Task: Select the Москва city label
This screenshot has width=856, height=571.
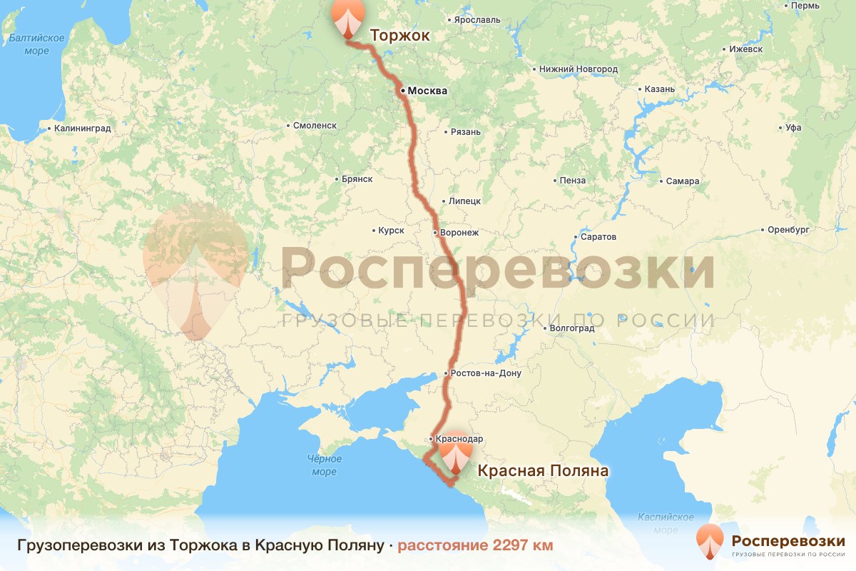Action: [427, 91]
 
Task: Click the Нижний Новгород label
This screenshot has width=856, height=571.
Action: [579, 69]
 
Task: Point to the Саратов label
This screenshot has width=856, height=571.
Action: [598, 237]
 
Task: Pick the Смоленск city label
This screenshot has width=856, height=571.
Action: [315, 125]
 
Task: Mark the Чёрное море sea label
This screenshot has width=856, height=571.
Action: [325, 465]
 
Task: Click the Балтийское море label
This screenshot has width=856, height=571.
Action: [37, 44]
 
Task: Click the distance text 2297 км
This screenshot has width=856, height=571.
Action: [475, 545]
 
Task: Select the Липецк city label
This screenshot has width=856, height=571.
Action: [464, 201]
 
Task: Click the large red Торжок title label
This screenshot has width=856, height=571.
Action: [399, 35]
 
